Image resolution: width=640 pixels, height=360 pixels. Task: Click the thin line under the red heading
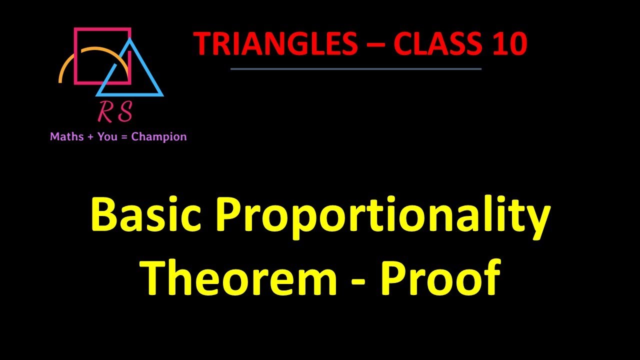point(355,69)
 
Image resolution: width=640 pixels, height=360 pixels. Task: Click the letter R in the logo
point(106,112)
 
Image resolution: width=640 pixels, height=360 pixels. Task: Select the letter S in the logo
point(125,112)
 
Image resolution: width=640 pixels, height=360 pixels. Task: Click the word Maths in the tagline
point(67,136)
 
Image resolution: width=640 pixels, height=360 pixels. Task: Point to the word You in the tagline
point(107,136)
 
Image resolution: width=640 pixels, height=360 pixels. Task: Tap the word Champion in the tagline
point(159,137)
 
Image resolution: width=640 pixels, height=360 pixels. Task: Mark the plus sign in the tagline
point(91,137)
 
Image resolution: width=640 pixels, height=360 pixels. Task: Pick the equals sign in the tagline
point(124,137)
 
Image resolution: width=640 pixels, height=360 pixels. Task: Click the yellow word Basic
point(145,215)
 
